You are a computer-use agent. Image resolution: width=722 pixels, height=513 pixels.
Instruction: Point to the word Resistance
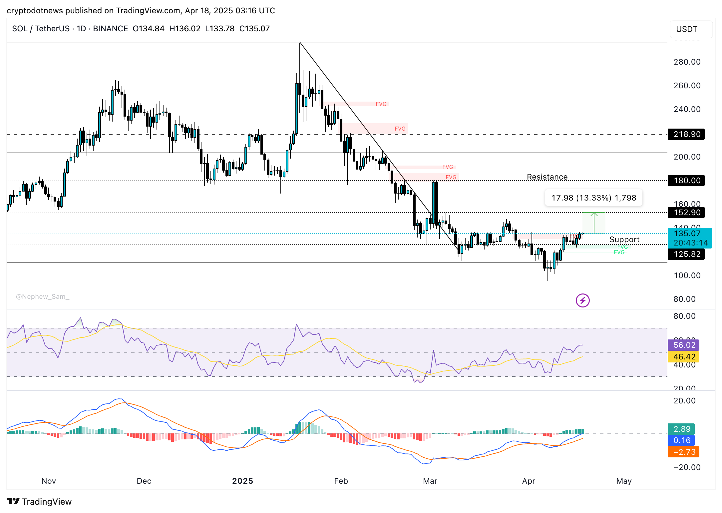pyautogui.click(x=547, y=177)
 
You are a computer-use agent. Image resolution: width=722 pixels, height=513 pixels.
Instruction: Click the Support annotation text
pyautogui.click(x=624, y=240)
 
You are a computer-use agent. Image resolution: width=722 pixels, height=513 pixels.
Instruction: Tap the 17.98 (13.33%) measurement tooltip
pyautogui.click(x=593, y=198)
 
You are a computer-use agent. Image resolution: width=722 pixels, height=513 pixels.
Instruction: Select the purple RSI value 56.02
pyautogui.click(x=684, y=345)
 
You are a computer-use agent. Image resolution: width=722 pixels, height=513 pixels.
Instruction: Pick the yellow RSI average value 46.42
pyautogui.click(x=684, y=357)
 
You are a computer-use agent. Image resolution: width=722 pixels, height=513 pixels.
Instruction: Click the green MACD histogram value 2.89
pyautogui.click(x=682, y=429)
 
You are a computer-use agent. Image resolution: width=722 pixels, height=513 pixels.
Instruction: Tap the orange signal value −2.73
pyautogui.click(x=684, y=452)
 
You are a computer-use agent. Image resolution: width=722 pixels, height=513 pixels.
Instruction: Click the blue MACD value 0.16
pyautogui.click(x=682, y=440)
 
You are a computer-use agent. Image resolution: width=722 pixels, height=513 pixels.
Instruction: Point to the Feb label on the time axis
pyautogui.click(x=341, y=481)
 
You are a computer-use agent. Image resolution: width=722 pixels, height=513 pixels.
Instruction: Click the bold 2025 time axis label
pyautogui.click(x=242, y=481)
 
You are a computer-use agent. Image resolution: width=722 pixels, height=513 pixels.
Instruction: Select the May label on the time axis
pyautogui.click(x=624, y=481)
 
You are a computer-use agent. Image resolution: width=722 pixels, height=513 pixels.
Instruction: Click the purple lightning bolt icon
pyautogui.click(x=582, y=300)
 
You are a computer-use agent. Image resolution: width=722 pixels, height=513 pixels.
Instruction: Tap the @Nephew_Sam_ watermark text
pyautogui.click(x=43, y=296)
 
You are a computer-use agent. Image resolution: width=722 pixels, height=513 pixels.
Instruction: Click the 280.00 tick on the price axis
pyautogui.click(x=687, y=62)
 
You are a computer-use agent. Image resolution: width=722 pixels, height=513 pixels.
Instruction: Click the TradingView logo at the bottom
pyautogui.click(x=39, y=501)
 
